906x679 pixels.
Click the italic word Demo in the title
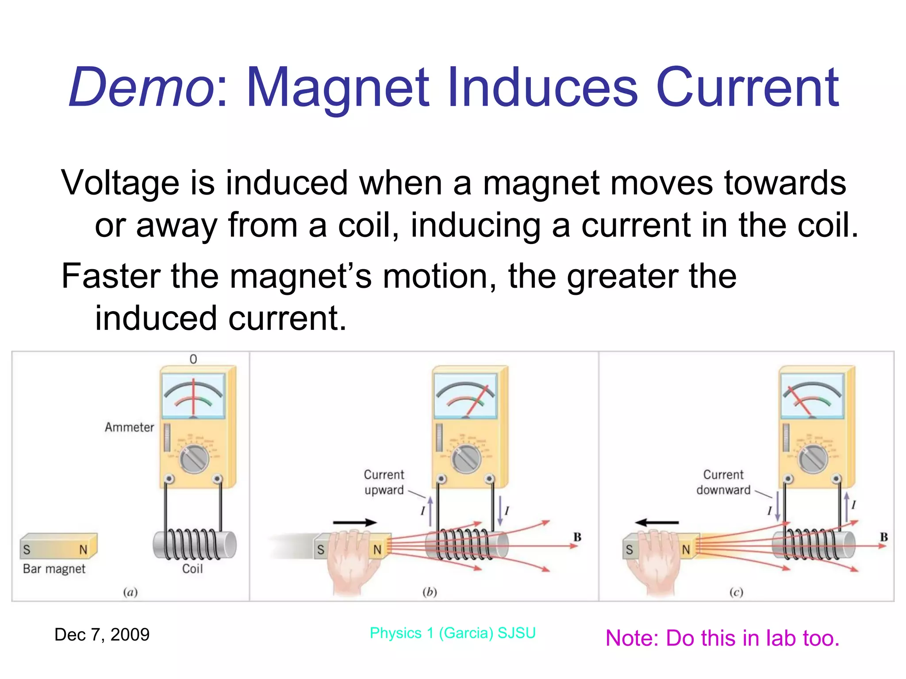point(141,87)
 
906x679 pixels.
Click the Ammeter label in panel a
point(129,427)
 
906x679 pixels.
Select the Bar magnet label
point(54,568)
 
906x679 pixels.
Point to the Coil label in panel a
point(192,568)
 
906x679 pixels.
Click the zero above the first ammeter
point(193,359)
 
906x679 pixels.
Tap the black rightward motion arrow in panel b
point(355,523)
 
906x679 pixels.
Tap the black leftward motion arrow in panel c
point(656,523)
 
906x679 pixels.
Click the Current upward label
point(384,482)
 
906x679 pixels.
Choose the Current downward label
point(723,482)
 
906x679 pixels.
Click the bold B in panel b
point(577,537)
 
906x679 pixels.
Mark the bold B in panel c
point(884,537)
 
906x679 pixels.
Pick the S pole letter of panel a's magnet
point(27,549)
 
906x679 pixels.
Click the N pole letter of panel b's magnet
point(377,549)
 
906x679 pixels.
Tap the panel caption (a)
point(130,592)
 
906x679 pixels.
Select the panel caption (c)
point(736,592)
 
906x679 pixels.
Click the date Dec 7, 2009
point(102,635)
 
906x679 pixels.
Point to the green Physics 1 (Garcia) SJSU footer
point(453,633)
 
